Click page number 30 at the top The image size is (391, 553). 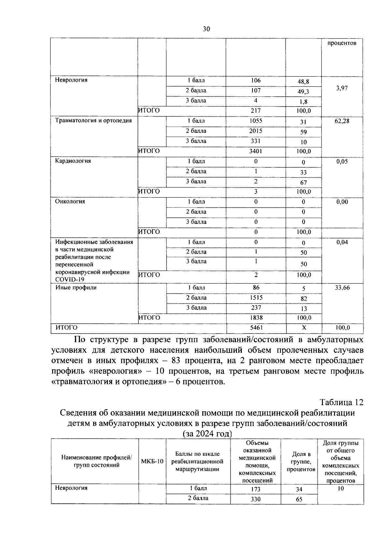tap(206, 29)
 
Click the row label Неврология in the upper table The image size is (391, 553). tap(71, 80)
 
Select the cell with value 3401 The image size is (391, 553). tap(256, 151)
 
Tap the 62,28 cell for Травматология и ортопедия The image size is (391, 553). tap(342, 121)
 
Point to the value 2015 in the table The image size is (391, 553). tap(256, 131)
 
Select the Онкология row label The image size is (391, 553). tap(70, 202)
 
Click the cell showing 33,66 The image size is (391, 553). tap(342, 288)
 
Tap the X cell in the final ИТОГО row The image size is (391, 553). tap(304, 328)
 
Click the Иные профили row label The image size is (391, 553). tap(76, 288)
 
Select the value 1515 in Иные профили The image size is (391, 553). tap(256, 298)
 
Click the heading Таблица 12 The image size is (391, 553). tap(341, 402)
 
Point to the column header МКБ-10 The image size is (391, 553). tap(152, 462)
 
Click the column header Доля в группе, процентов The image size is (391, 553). tap(301, 462)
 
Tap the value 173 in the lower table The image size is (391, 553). tap(256, 489)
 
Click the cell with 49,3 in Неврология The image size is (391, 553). tap(303, 92)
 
